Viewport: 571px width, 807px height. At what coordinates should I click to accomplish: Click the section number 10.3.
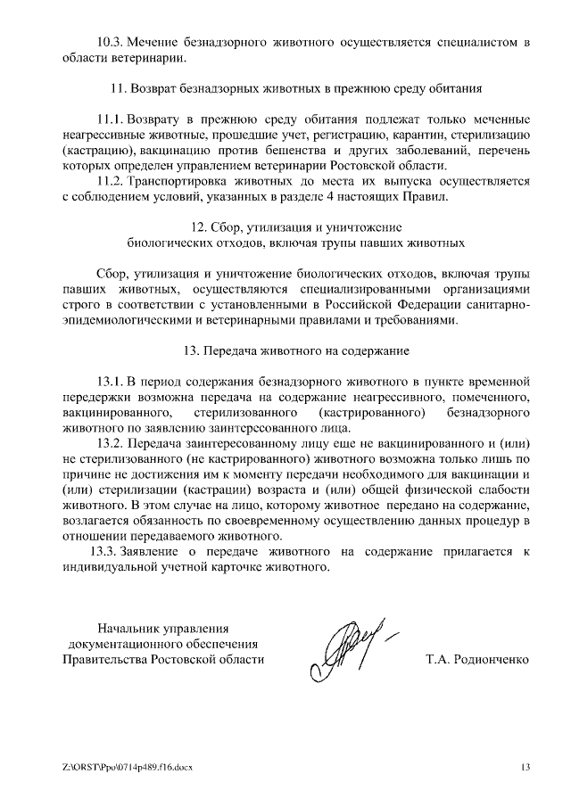point(109,43)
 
